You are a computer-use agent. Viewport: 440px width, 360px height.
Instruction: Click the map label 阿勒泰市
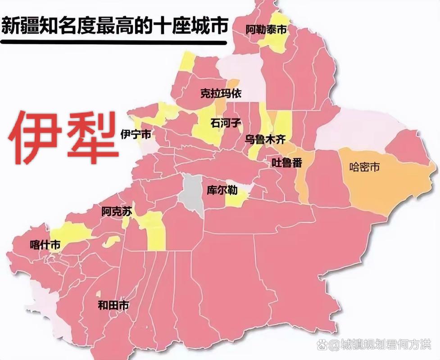(x=266, y=30)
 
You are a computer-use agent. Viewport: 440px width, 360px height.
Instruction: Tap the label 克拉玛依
(x=221, y=94)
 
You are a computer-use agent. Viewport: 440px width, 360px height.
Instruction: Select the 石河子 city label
(x=226, y=122)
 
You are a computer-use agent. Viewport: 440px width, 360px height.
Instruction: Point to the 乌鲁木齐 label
(x=265, y=139)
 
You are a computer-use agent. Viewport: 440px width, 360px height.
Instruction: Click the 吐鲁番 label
(x=286, y=163)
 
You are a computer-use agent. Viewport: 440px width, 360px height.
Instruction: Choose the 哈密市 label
(x=364, y=167)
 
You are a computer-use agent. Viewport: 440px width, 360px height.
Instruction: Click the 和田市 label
(x=113, y=306)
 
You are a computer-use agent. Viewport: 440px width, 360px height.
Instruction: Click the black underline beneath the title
(x=113, y=42)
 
